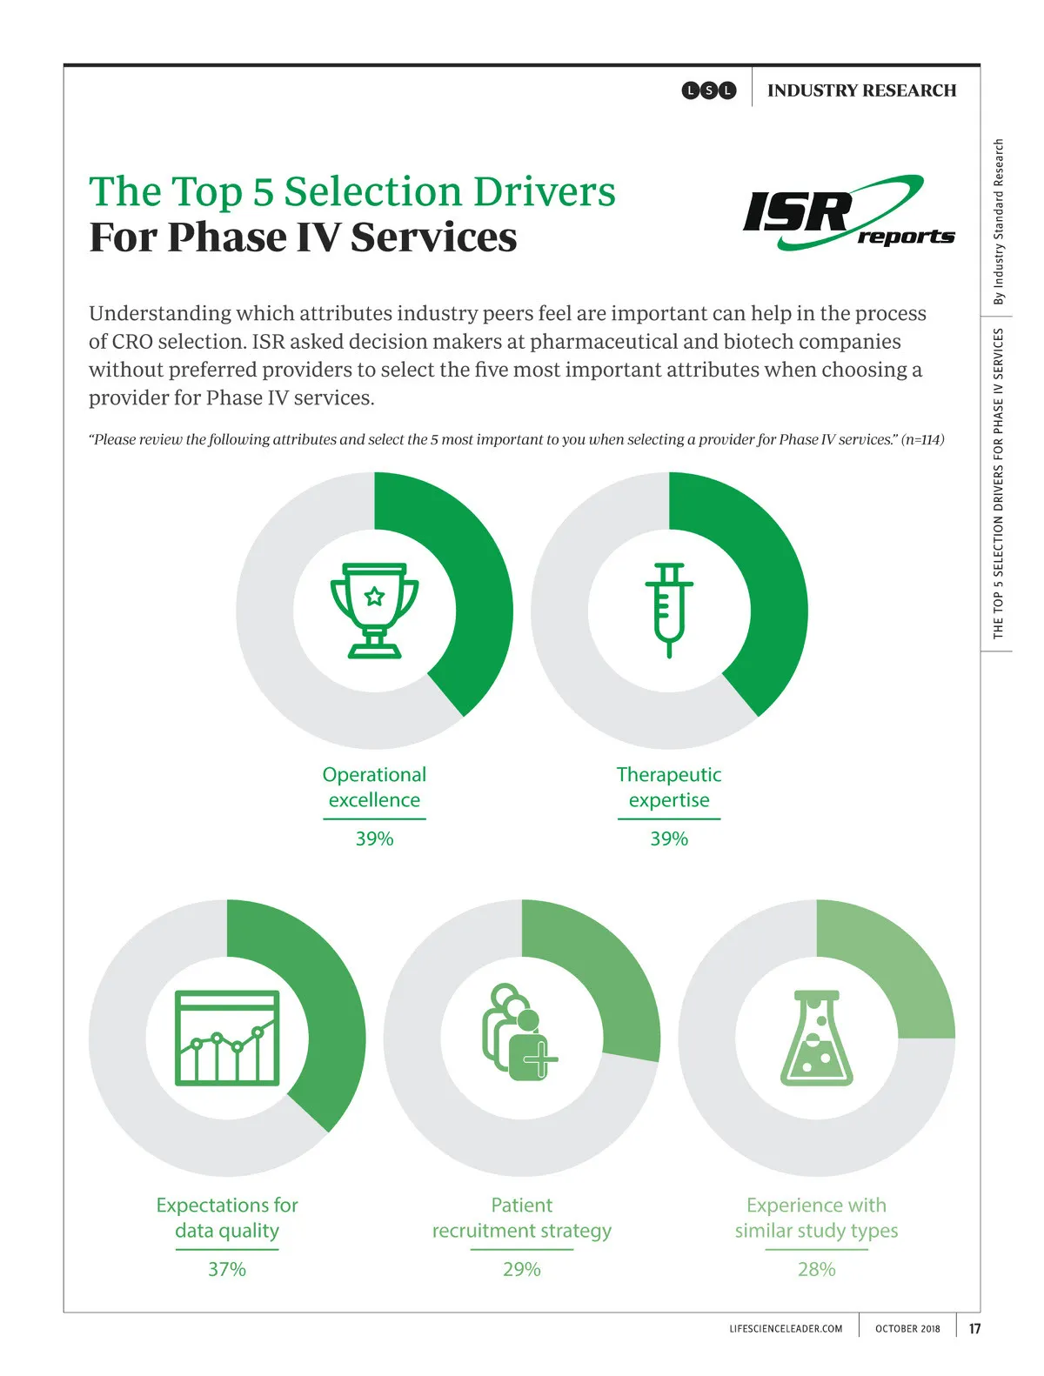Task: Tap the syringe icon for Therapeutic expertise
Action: click(x=669, y=610)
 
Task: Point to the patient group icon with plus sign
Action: click(x=519, y=1032)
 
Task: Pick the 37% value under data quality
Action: click(x=227, y=1269)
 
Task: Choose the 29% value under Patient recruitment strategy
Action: click(x=521, y=1269)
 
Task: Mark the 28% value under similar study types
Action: click(x=816, y=1269)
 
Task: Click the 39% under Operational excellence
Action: click(x=374, y=838)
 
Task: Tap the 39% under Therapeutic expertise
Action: click(x=669, y=838)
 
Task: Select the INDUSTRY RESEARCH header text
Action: click(x=861, y=90)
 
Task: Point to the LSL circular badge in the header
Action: click(x=709, y=90)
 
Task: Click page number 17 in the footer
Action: click(x=974, y=1328)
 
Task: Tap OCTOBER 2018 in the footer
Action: click(x=907, y=1328)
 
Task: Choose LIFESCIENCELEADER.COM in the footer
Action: click(x=786, y=1328)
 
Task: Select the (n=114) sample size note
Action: click(x=922, y=439)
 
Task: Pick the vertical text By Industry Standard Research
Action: click(x=999, y=222)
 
